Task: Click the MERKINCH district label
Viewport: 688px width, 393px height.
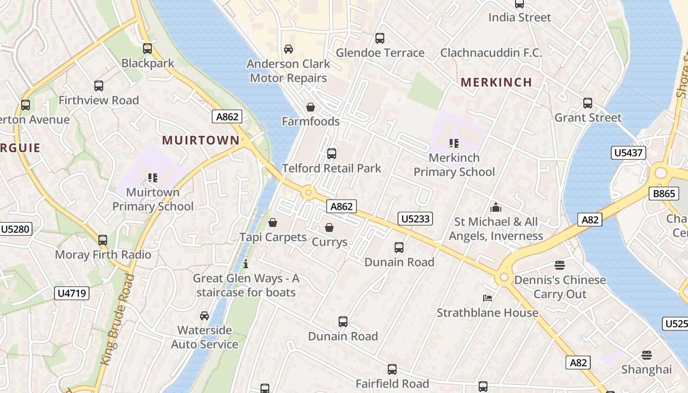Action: [496, 82]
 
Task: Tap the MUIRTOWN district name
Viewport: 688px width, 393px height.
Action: [201, 140]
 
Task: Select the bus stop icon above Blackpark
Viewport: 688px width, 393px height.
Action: [147, 49]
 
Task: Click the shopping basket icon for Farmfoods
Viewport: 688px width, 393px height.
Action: [311, 107]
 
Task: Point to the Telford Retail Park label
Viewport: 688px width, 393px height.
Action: [332, 168]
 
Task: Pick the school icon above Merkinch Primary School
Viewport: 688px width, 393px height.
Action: [454, 143]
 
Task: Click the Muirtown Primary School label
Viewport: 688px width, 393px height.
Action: [153, 199]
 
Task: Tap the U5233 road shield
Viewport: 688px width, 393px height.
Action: [415, 219]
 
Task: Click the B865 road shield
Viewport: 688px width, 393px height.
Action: [664, 194]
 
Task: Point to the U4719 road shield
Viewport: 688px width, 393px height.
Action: [72, 293]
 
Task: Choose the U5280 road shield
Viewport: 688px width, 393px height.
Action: [16, 228]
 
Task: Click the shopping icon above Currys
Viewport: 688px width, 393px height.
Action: [329, 227]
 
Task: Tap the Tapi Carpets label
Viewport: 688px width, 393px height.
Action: [273, 237]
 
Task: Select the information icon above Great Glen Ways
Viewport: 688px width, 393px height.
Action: [246, 264]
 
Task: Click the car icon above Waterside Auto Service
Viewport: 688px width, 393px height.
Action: [204, 315]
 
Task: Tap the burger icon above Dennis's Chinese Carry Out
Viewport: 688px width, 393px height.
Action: [560, 265]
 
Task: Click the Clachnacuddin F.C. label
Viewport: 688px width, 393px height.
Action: [491, 53]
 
